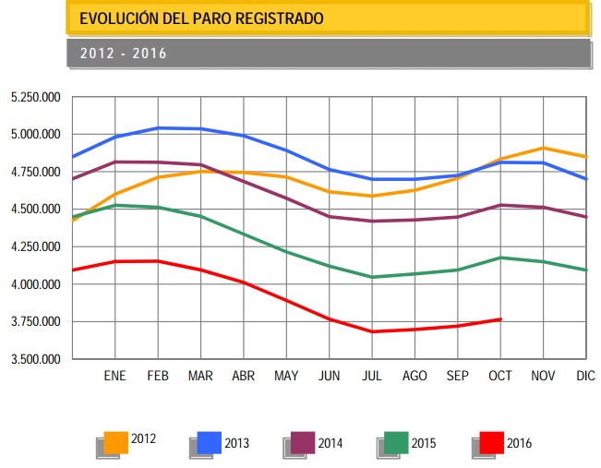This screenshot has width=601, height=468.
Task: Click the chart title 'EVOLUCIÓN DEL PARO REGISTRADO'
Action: (x=201, y=18)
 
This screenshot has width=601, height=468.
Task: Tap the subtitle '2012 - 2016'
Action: (x=123, y=54)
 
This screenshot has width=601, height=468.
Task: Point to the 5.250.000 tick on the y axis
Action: (x=35, y=97)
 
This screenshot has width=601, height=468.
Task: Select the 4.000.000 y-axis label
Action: (x=35, y=284)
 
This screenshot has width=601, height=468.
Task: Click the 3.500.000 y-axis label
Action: (x=35, y=359)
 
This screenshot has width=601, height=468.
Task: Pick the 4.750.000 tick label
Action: (x=35, y=172)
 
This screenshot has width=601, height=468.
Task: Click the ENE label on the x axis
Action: (x=114, y=377)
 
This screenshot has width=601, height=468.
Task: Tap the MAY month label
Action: (x=286, y=377)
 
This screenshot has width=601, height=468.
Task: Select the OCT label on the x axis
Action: (x=500, y=377)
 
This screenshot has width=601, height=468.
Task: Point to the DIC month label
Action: (x=585, y=377)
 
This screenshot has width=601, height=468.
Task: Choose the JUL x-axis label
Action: (x=372, y=377)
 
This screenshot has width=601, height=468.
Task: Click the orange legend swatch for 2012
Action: (x=116, y=442)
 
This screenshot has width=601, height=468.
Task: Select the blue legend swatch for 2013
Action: (x=210, y=442)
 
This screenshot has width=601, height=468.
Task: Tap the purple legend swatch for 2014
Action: (x=303, y=442)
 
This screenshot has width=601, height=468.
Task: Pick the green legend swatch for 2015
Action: (x=397, y=442)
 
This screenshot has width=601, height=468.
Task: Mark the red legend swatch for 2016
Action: (x=491, y=442)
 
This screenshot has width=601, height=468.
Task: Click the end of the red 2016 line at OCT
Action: (x=500, y=319)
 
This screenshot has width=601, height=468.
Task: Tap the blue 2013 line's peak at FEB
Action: (x=158, y=127)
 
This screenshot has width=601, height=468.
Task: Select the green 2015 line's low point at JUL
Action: (x=372, y=277)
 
